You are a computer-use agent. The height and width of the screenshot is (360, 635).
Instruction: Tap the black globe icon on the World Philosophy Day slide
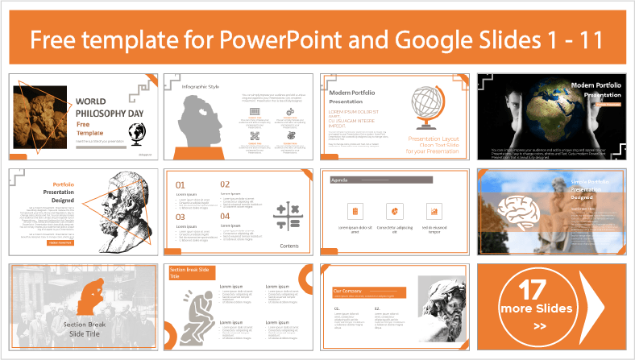(135, 133)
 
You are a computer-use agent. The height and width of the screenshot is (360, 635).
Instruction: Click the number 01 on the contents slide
(182, 185)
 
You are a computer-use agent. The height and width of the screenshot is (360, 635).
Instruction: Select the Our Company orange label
(363, 290)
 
